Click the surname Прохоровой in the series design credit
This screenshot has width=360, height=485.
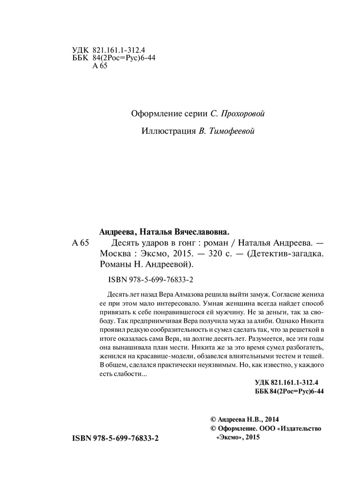click(x=243, y=113)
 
